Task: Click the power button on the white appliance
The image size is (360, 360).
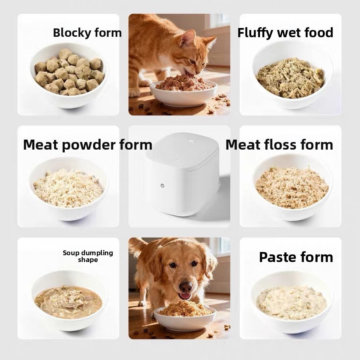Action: (162, 186)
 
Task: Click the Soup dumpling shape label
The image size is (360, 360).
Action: (88, 256)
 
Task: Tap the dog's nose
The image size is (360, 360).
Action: (186, 286)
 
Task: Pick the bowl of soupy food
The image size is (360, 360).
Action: (69, 301)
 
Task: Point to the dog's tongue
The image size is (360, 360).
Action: (184, 296)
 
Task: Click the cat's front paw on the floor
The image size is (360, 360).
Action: (134, 92)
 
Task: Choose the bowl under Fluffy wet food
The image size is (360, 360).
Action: (292, 75)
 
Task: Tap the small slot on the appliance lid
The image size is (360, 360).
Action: (191, 140)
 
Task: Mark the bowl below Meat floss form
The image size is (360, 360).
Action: (292, 187)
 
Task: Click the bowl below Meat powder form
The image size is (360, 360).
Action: (69, 189)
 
